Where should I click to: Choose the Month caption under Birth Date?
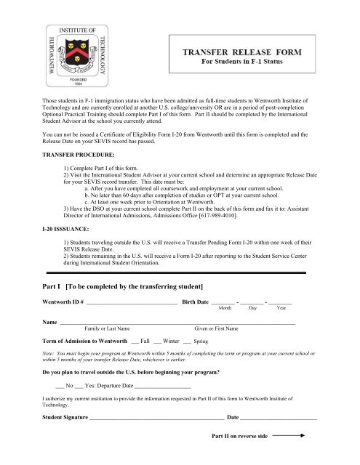coord(225,308)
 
